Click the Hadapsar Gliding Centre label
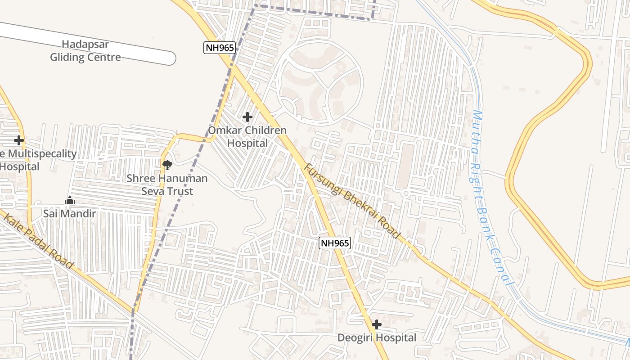pos(85,51)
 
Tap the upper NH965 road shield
pos(220,48)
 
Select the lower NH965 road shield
pos(335,243)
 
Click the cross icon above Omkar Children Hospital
pos(247,117)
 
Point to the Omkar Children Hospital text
pos(247,137)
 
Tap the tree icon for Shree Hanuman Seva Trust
pos(167,165)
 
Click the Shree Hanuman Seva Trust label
pos(167,184)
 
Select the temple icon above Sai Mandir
pos(70,200)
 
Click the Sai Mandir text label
pos(70,213)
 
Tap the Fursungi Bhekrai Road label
pos(352,201)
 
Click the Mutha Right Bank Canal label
pos(490,198)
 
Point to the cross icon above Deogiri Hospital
pos(377,324)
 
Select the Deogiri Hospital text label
pos(377,337)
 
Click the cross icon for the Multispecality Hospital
pos(18,140)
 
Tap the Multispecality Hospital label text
pos(38,160)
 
